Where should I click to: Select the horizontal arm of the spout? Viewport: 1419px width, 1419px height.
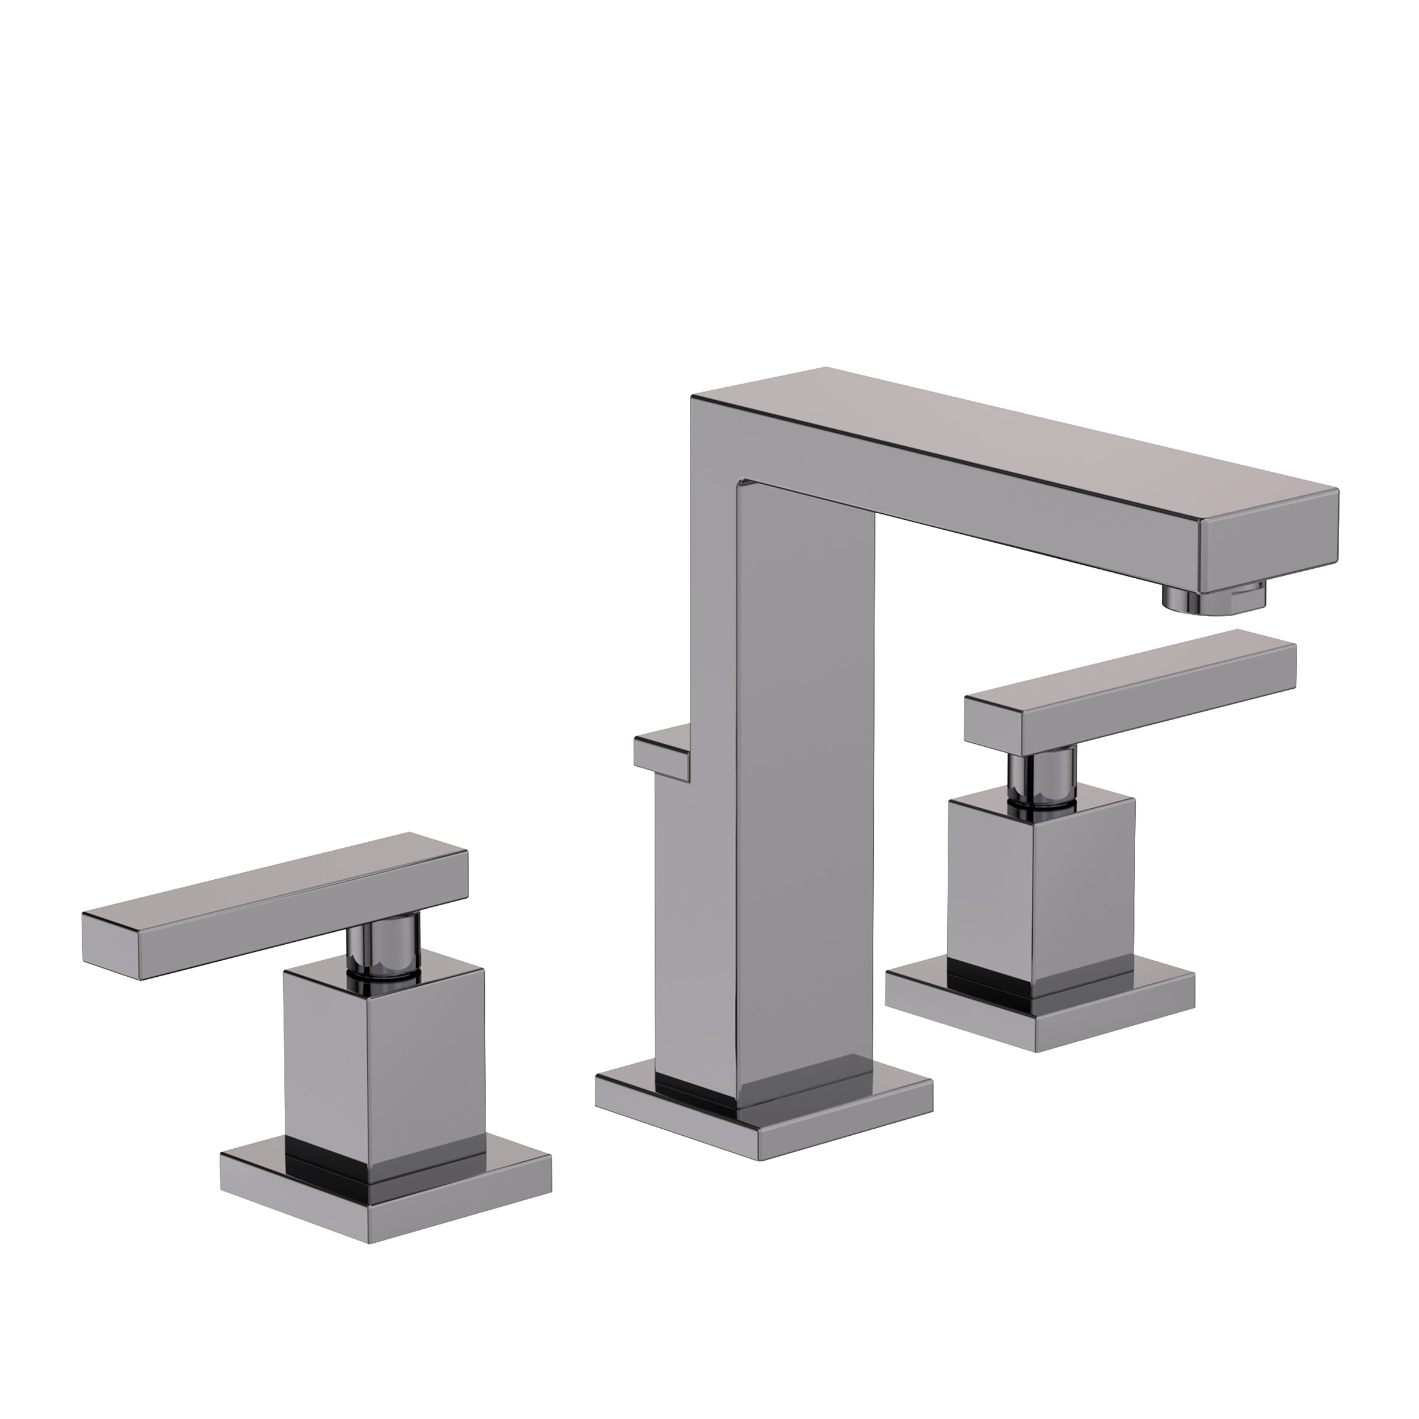tap(992, 470)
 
